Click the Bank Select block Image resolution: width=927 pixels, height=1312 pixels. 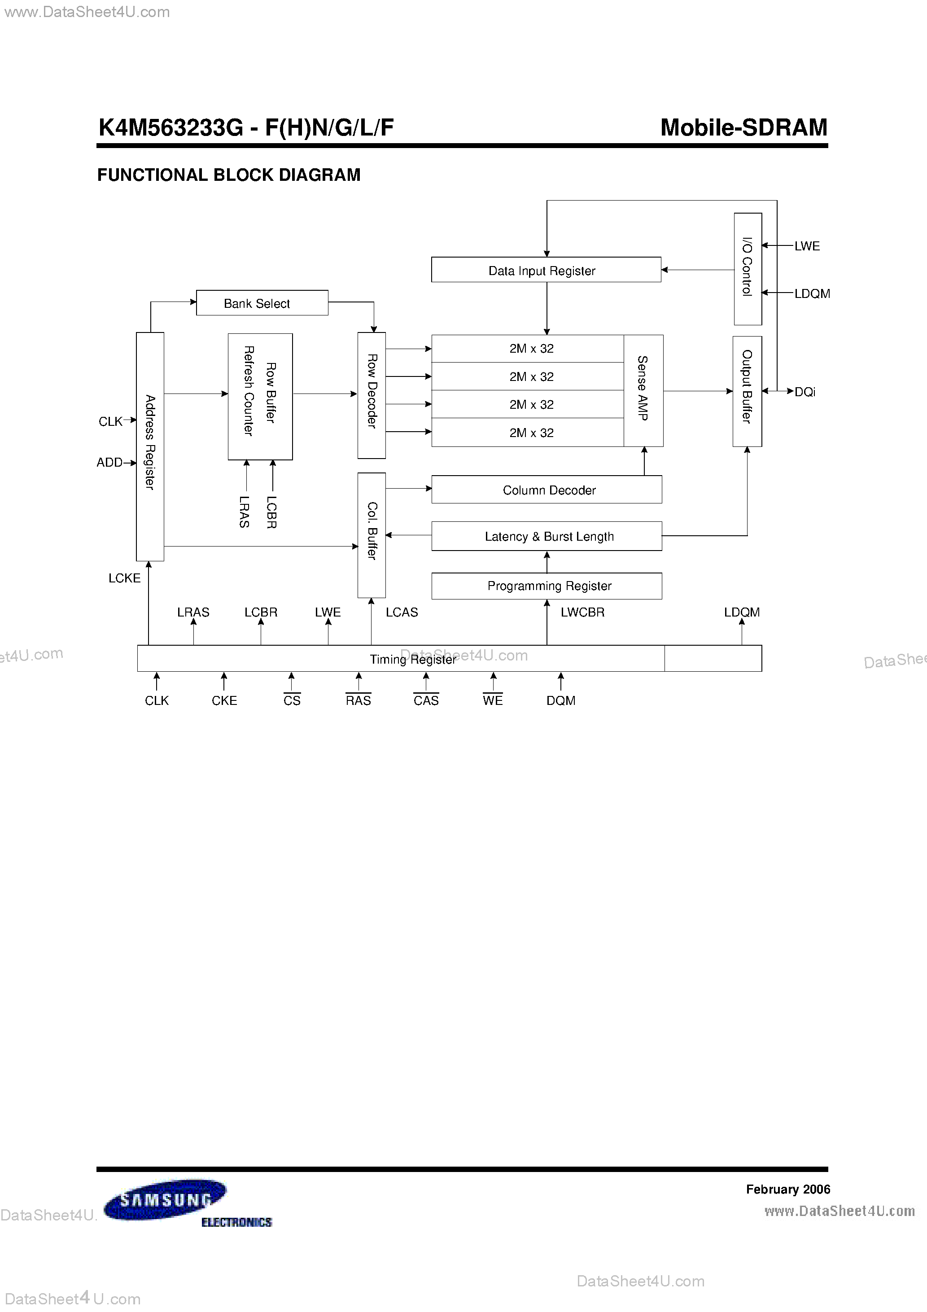[x=262, y=303]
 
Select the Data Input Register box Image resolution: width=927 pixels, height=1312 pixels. [x=546, y=270]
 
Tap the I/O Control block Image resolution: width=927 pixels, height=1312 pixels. [x=747, y=269]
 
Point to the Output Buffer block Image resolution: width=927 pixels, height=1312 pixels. [x=747, y=391]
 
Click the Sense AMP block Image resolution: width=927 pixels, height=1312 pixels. [x=643, y=390]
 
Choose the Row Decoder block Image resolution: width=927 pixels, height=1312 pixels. [x=372, y=395]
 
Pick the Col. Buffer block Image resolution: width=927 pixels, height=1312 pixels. [x=372, y=535]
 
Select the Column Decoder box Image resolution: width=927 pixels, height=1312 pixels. [x=547, y=490]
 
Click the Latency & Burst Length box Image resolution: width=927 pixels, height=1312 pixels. [x=547, y=536]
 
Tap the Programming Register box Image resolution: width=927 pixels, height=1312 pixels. [x=547, y=586]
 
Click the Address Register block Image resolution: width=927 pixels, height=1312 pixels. [x=150, y=446]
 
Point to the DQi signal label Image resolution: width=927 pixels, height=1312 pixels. [x=805, y=392]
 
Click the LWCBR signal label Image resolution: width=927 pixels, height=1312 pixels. [x=582, y=612]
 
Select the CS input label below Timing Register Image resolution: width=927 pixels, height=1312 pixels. [x=292, y=700]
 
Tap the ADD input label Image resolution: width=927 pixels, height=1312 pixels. [x=109, y=462]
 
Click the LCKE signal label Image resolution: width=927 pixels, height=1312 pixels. [x=124, y=578]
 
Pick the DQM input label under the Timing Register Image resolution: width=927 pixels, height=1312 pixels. [x=561, y=700]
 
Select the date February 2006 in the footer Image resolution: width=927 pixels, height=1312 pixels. [x=787, y=1189]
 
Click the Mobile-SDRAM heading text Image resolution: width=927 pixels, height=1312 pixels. [x=743, y=127]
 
